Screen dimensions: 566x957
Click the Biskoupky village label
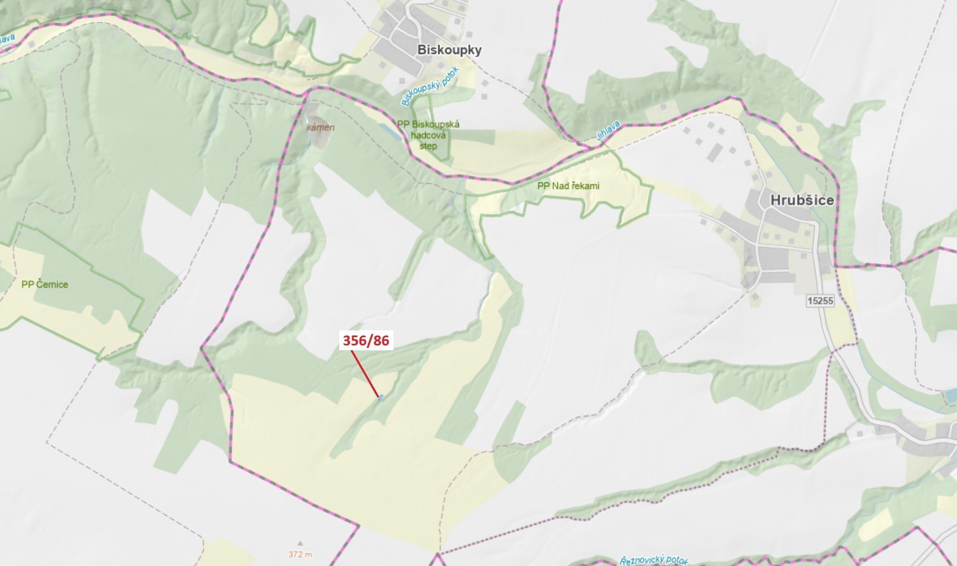[449, 50]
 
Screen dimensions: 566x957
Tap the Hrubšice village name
[802, 200]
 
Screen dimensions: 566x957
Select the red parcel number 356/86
[366, 341]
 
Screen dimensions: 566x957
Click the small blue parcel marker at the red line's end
[381, 397]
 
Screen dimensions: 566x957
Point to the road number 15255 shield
[820, 301]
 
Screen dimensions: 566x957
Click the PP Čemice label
[45, 284]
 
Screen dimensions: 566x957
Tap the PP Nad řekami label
[568, 186]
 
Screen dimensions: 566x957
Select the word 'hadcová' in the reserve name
[428, 135]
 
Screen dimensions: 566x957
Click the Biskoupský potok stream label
[430, 86]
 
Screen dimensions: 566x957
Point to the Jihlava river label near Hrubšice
[608, 131]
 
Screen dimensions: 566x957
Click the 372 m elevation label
[300, 554]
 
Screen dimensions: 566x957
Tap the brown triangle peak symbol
[300, 543]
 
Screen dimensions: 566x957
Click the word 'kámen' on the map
[321, 127]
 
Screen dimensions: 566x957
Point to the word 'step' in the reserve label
[428, 146]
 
